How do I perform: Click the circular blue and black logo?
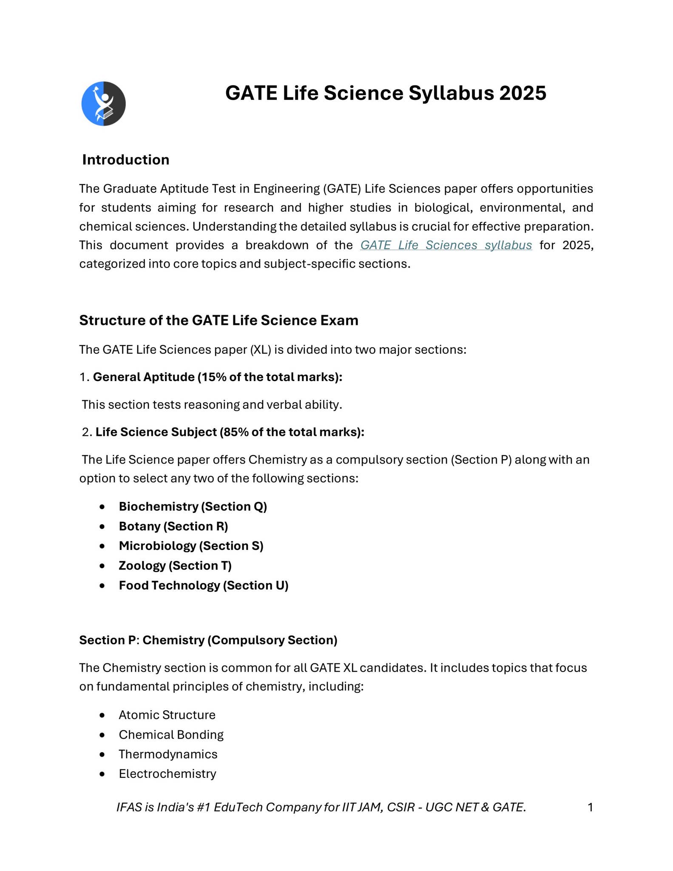(103, 103)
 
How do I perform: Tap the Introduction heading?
(126, 159)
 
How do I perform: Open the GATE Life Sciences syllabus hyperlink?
(446, 245)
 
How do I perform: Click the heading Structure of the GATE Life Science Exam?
(219, 320)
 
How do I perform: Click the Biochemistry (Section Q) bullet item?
(193, 507)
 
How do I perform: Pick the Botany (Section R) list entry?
(173, 526)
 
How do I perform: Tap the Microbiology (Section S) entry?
(191, 546)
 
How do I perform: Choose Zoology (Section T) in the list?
(175, 566)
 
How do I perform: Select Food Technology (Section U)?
(203, 586)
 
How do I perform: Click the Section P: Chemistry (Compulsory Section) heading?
(208, 640)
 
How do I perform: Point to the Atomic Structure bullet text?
(167, 715)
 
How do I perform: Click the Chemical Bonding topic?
(171, 734)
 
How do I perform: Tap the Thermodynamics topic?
(168, 754)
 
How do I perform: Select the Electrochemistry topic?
(167, 774)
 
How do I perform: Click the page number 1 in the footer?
(590, 807)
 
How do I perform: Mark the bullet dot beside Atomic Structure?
(102, 715)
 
